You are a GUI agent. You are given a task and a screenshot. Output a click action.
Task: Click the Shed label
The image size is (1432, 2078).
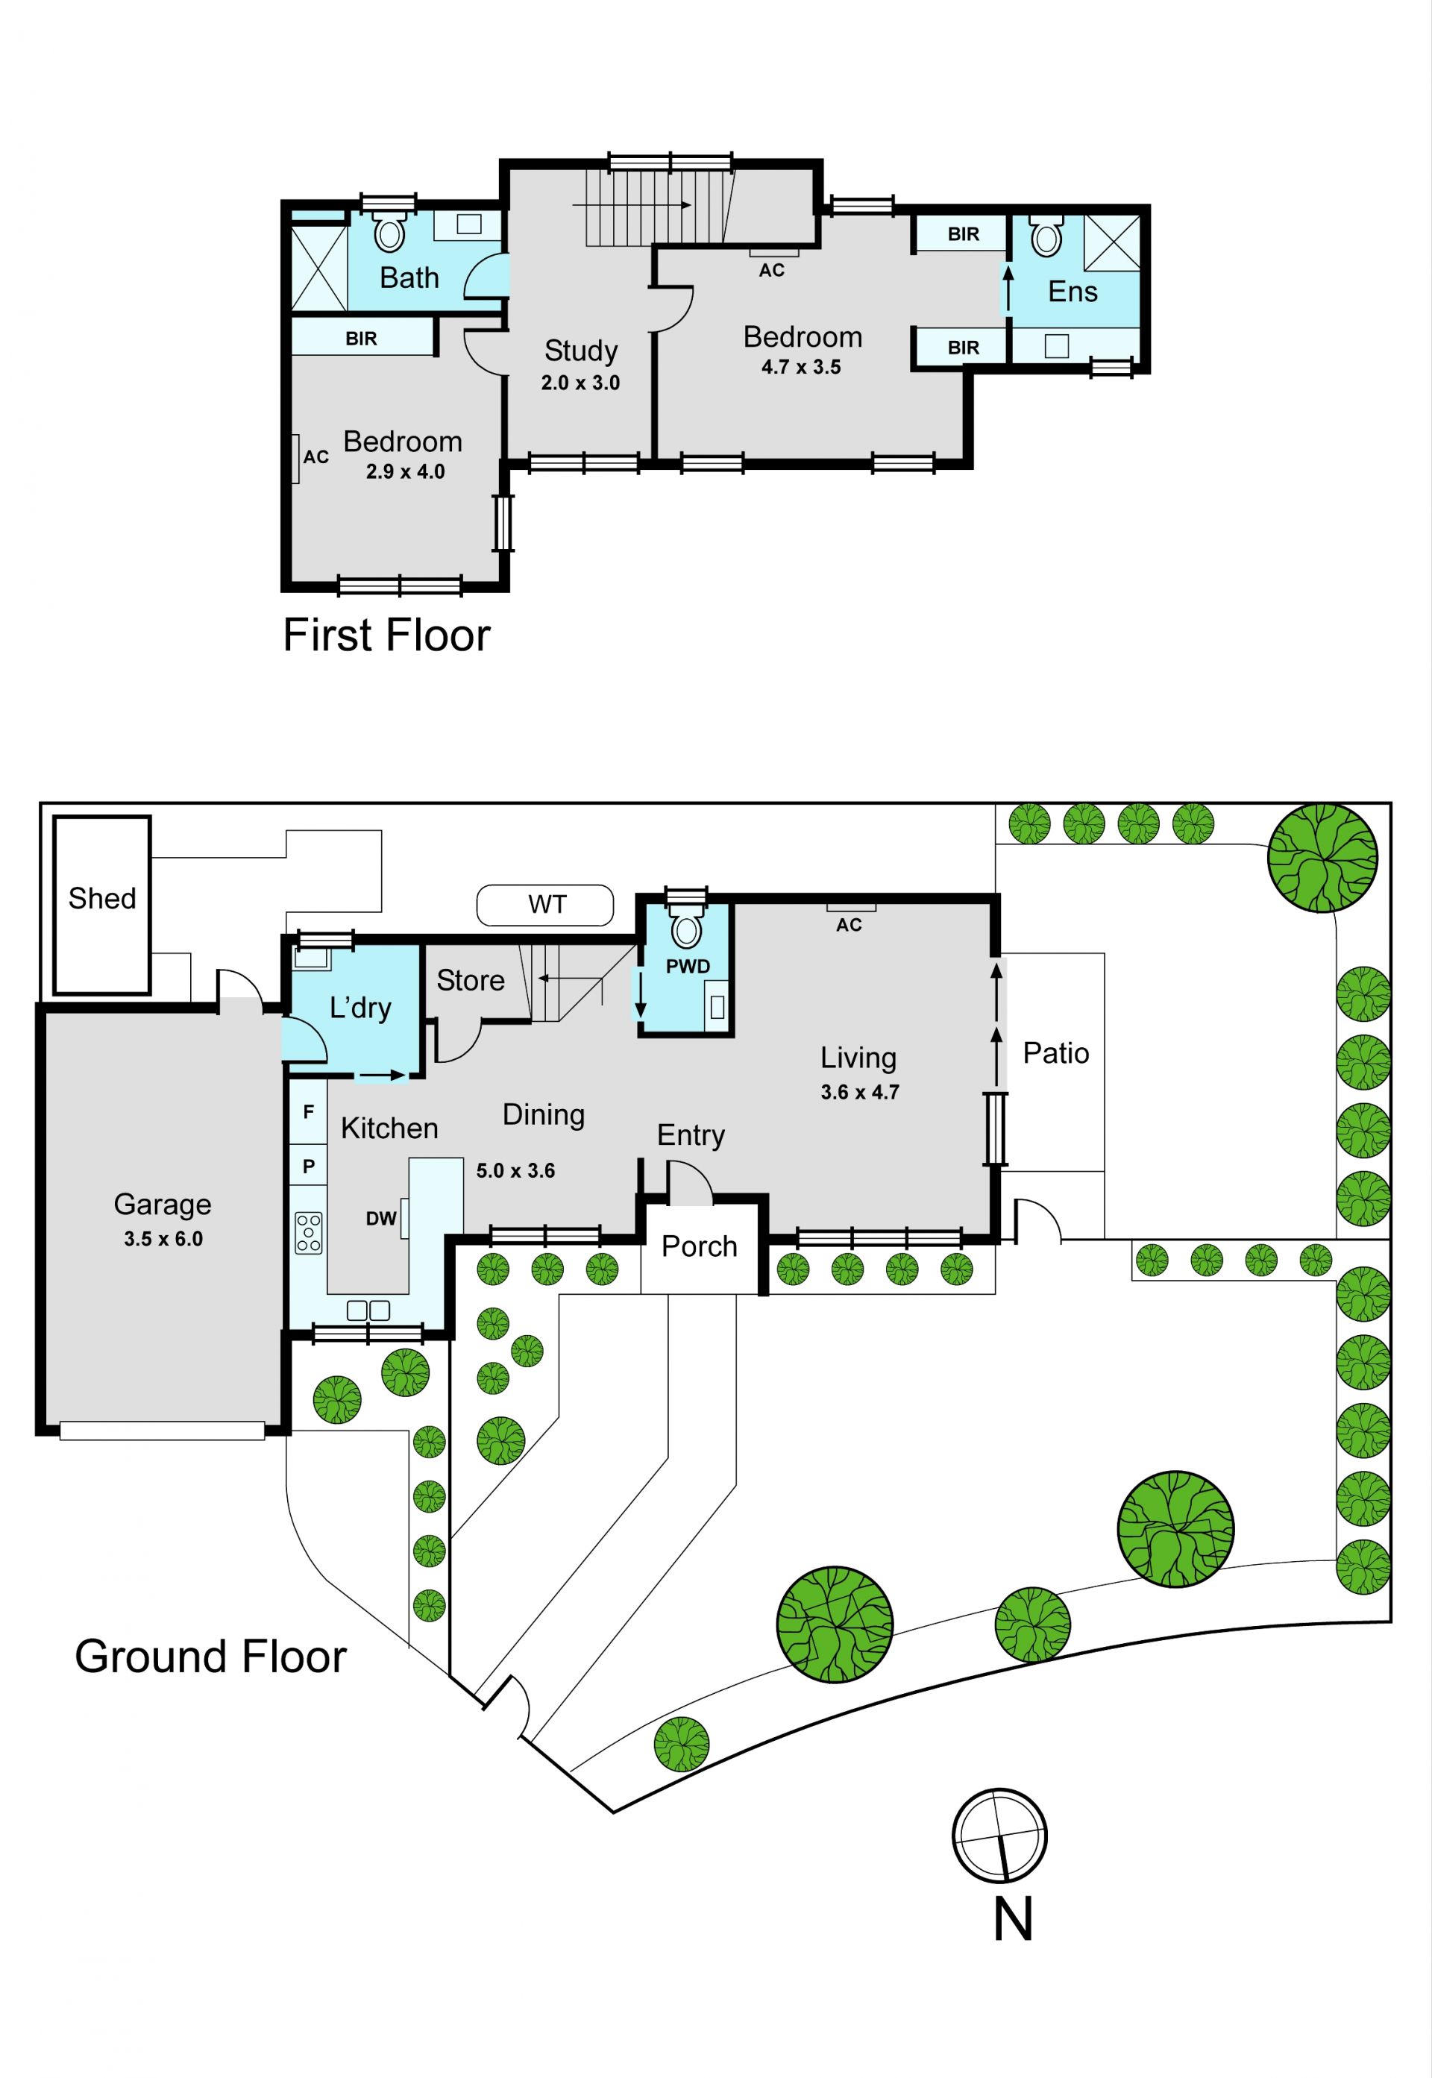coord(102,898)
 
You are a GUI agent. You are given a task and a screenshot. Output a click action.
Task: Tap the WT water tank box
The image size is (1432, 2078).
coord(544,905)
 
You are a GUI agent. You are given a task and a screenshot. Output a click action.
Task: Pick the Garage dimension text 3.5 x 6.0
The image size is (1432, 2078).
coord(163,1238)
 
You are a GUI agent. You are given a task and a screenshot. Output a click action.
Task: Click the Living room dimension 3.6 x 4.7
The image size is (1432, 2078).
coord(859,1092)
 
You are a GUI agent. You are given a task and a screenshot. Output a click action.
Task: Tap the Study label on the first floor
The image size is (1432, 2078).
coord(580,351)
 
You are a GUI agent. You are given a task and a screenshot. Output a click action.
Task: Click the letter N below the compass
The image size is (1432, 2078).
coord(1013,1919)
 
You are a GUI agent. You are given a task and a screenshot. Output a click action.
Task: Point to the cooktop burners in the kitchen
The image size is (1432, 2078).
coord(308,1232)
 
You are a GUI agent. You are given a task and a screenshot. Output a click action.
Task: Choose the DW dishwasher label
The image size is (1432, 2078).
coord(380,1219)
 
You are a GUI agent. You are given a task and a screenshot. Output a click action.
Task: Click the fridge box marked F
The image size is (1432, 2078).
coord(309,1111)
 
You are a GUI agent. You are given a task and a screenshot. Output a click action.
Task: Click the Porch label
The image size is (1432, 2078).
coord(699,1246)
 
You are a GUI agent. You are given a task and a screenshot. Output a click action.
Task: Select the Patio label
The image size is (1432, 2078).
coord(1056,1052)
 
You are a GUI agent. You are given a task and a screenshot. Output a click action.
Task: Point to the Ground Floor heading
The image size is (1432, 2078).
coord(211,1657)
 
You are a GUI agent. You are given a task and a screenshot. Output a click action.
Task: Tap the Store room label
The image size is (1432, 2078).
coord(470,980)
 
